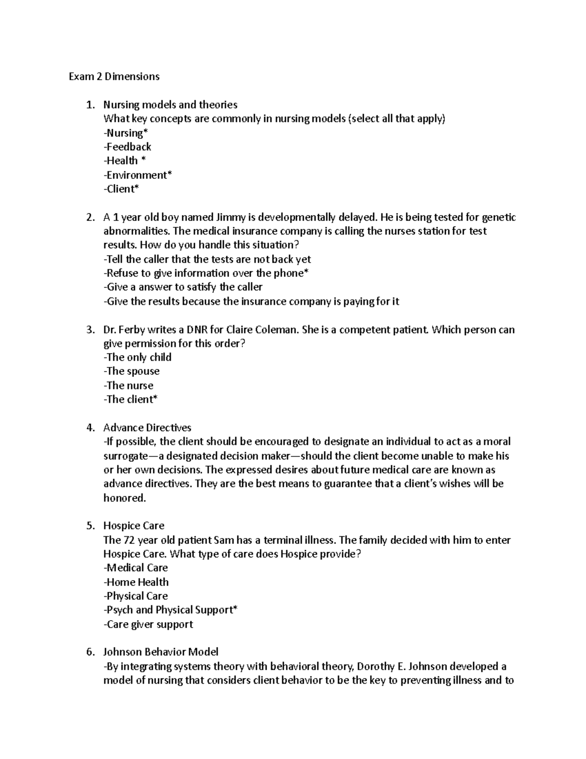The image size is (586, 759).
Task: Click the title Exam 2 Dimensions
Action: tap(114, 77)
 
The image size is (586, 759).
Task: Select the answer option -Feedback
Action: tap(127, 147)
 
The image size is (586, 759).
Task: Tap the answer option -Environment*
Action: tap(138, 175)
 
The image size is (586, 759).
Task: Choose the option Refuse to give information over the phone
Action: tap(206, 273)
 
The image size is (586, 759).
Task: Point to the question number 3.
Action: tap(90, 330)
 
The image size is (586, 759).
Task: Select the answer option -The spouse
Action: tap(131, 371)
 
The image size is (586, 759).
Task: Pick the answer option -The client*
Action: tap(130, 399)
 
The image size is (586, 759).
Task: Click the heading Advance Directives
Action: tap(147, 428)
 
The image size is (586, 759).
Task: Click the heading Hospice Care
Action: tap(133, 526)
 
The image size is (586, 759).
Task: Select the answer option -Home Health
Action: tap(136, 582)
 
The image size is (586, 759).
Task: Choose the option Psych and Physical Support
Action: tap(170, 610)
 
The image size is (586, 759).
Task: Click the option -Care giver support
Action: tap(148, 624)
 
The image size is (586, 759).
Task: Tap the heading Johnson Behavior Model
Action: tap(161, 652)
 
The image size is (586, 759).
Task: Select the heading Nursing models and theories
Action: tap(170, 105)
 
